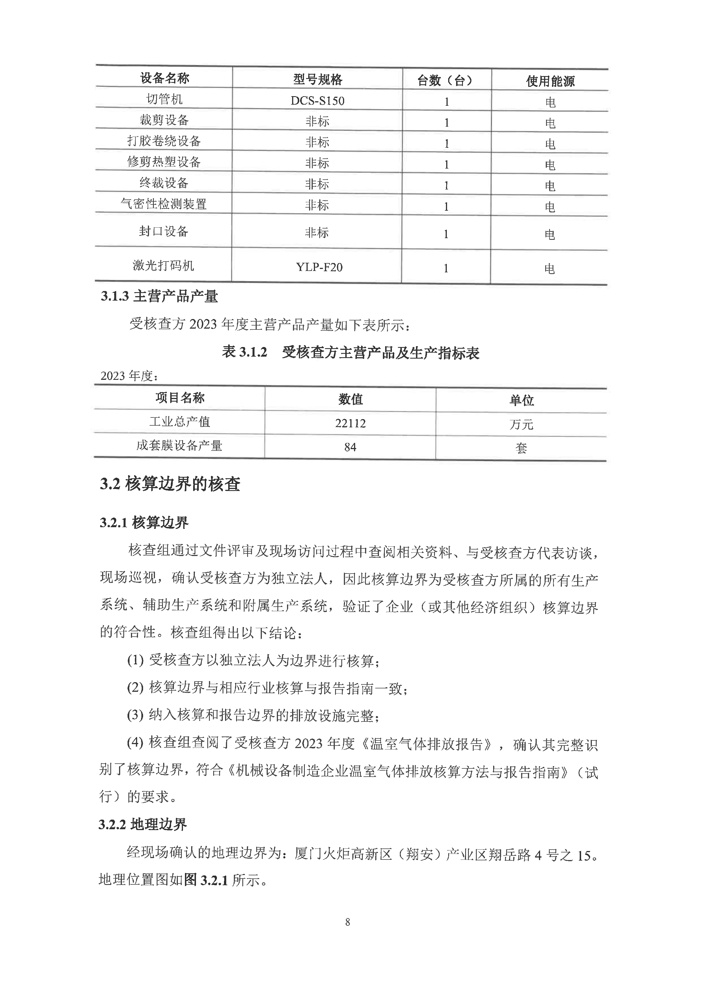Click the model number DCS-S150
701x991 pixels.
tap(317, 101)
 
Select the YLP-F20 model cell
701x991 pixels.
tap(319, 267)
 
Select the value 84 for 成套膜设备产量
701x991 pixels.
tap(350, 447)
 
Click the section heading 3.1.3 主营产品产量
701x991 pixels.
tap(159, 296)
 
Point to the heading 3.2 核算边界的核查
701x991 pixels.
tap(170, 484)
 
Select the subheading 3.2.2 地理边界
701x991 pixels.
tap(143, 824)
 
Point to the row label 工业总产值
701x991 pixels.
tap(180, 422)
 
